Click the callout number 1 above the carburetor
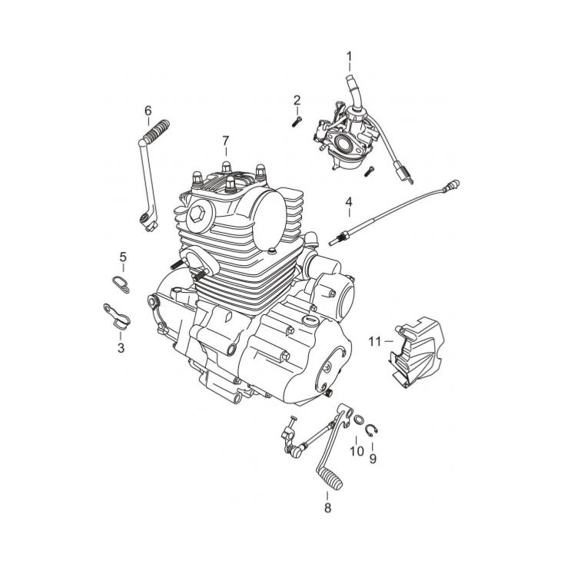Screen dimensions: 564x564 [x=349, y=56]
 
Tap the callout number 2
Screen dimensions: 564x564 [x=297, y=100]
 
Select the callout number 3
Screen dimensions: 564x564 [x=121, y=348]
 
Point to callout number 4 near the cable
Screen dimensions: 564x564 [x=349, y=202]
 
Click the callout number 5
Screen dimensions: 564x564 [x=123, y=257]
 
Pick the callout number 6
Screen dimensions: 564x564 [x=148, y=111]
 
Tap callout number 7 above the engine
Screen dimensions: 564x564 [x=226, y=141]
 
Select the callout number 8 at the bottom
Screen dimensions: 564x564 [x=327, y=508]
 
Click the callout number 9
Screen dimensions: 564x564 [x=373, y=459]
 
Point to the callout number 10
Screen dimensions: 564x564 [x=357, y=451]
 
